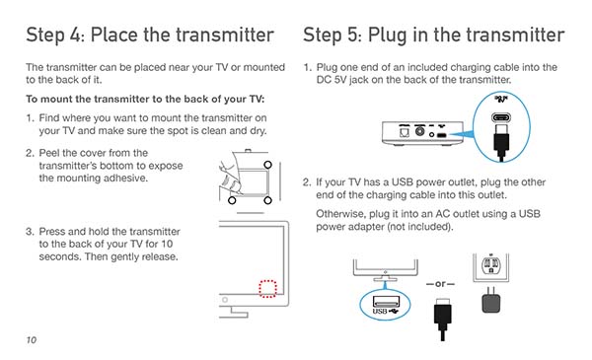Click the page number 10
point(32,340)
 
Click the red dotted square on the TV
point(267,289)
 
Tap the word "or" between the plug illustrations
point(440,284)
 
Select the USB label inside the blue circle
point(380,312)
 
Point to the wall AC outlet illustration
point(490,266)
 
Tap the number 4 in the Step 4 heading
point(74,36)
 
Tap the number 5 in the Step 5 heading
point(352,36)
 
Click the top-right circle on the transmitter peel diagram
point(267,165)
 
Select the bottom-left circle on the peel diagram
point(232,200)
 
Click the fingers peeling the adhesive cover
point(230,178)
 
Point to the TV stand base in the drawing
point(234,314)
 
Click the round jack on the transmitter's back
point(420,131)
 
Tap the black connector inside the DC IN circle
point(501,141)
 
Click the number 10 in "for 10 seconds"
point(167,244)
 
